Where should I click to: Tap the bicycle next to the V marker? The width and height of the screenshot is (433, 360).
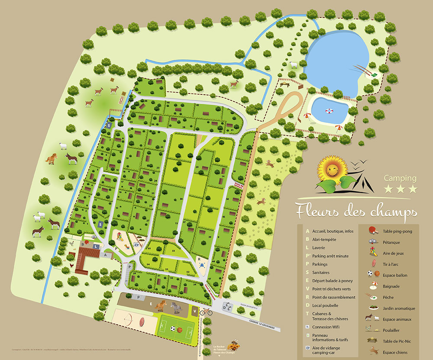[x=206, y=311]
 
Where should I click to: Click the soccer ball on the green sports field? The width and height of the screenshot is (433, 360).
[x=173, y=329]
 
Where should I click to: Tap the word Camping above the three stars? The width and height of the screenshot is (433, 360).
[x=401, y=178]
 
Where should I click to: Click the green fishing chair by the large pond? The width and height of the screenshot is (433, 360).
[x=373, y=75]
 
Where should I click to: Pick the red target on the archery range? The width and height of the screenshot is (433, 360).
[x=143, y=321]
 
